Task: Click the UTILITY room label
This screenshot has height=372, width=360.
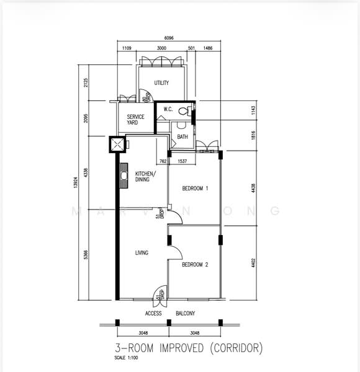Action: [161, 82]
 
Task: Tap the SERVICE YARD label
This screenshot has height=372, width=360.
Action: [136, 120]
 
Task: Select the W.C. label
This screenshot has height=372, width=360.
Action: [168, 110]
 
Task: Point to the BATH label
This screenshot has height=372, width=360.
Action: [182, 137]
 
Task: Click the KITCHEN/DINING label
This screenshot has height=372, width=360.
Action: [146, 177]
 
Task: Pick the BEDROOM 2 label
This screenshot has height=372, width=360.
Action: [195, 265]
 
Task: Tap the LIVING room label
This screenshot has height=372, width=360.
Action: [142, 253]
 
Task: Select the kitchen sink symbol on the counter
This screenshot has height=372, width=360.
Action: [124, 176]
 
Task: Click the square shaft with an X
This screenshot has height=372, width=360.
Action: [117, 145]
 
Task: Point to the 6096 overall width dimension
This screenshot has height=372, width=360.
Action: [168, 38]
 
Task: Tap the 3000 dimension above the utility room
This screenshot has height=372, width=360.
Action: [161, 48]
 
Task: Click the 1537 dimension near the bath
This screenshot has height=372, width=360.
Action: [182, 162]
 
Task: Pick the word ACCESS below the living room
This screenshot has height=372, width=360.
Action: [153, 314]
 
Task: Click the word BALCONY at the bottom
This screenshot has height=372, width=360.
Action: [185, 314]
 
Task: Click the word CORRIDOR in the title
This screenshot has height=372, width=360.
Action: [235, 348]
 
